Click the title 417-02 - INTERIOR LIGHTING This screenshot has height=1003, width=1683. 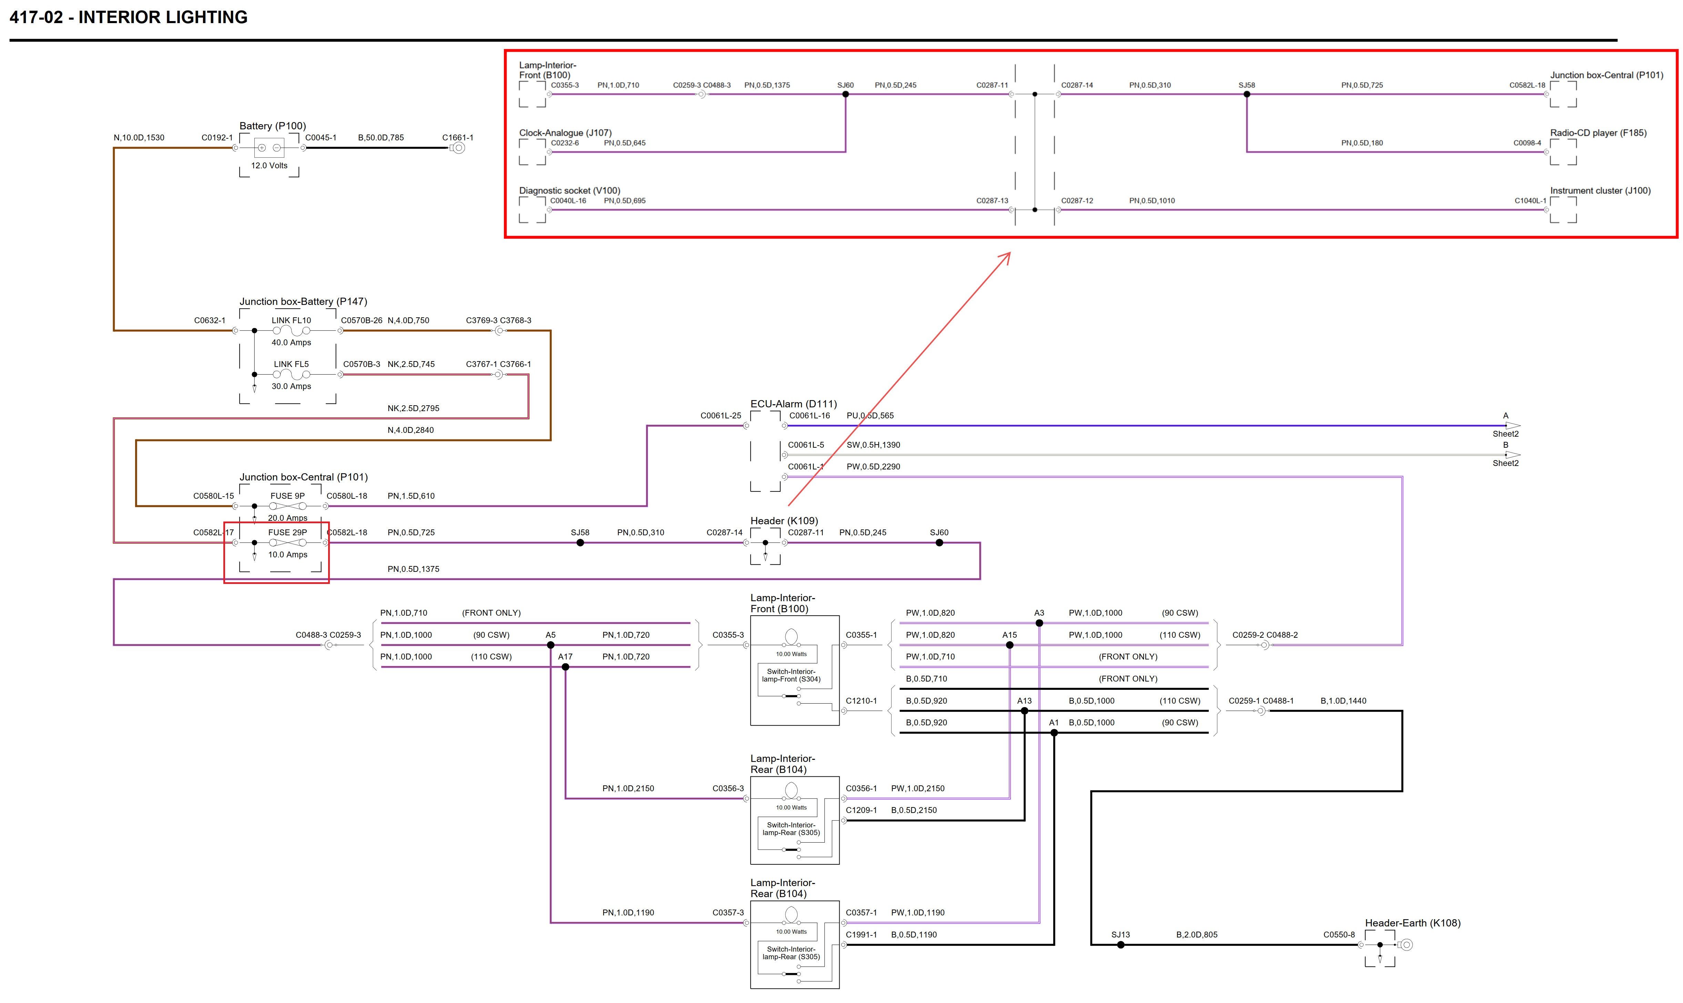tap(128, 18)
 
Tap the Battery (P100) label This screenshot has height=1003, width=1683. tap(272, 126)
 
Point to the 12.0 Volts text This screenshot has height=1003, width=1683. tap(269, 166)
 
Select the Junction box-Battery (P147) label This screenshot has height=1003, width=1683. tap(303, 301)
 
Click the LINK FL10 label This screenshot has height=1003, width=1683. tap(291, 320)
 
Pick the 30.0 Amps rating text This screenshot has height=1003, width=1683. tap(291, 387)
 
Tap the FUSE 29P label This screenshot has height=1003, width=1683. tap(288, 533)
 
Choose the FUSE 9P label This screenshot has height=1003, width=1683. tap(288, 496)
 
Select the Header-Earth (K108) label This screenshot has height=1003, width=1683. tap(1412, 923)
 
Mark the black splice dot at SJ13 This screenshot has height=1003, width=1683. tap(1121, 945)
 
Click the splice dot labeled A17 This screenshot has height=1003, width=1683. tap(565, 667)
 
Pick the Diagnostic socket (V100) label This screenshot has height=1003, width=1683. tap(569, 191)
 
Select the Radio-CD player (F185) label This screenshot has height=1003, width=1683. tap(1598, 133)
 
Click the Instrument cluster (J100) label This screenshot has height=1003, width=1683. tap(1600, 191)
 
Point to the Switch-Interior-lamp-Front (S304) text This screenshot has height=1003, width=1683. tap(791, 675)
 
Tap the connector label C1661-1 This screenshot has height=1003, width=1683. tap(457, 138)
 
